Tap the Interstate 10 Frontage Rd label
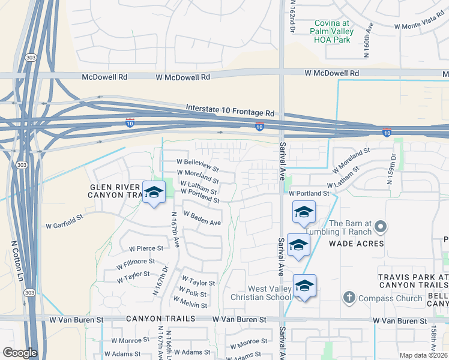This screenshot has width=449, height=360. coord(230,109)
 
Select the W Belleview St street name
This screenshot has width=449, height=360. coord(197,162)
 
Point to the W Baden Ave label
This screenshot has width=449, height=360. coord(202,218)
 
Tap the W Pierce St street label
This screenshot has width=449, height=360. coord(146,248)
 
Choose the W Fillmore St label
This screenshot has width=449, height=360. coord(136,262)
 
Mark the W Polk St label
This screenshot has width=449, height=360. coord(192,294)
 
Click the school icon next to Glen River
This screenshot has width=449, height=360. coord(154,193)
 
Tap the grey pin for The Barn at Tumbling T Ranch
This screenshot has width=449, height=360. coord(379,227)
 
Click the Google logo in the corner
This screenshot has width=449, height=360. coord(20,352)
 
